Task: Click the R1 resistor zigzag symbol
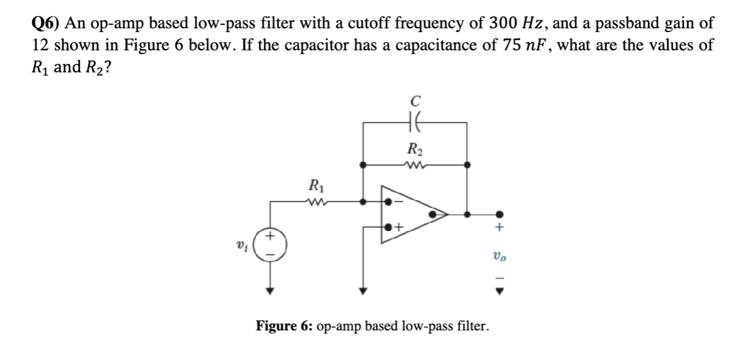click(x=313, y=202)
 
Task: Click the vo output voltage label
click(x=498, y=256)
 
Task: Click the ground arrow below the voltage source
click(x=271, y=290)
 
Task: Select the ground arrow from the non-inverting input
click(x=361, y=290)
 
